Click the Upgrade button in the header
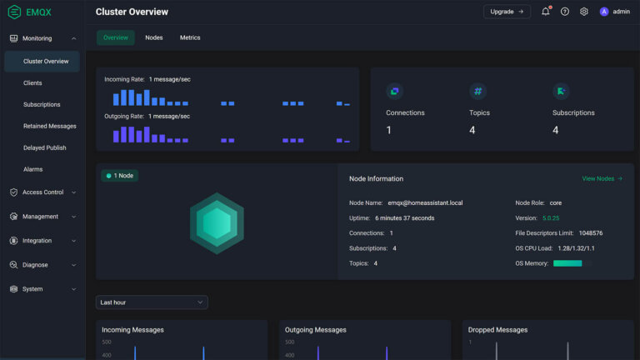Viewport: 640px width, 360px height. coord(507,12)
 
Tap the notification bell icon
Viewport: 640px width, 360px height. coord(546,12)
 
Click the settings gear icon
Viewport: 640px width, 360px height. coord(584,12)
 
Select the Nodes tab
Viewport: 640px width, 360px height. coord(154,37)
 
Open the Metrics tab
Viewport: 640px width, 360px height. coord(190,37)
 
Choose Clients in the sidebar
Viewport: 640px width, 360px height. coord(32,83)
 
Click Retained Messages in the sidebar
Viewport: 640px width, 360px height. coord(50,127)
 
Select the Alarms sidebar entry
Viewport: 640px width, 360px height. coord(33,169)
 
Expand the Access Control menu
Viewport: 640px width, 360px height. coord(42,192)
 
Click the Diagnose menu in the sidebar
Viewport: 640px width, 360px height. coord(35,265)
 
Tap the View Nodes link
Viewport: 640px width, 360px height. coord(602,178)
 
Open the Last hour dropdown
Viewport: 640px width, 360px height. coord(152,302)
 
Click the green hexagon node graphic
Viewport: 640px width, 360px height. coord(217,222)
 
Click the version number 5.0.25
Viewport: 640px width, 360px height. coord(551,218)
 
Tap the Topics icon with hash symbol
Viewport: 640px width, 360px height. coord(477,91)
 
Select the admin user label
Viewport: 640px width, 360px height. coord(621,12)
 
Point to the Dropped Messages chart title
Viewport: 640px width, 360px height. coord(497,330)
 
